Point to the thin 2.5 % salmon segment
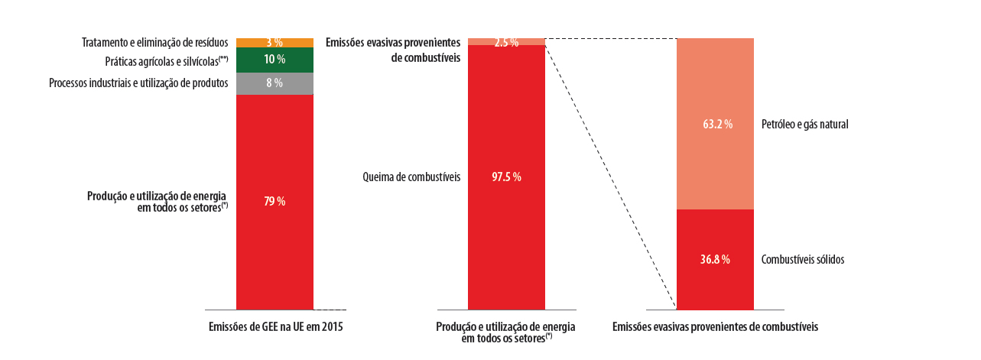tap(528, 41)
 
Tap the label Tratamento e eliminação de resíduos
tap(155, 42)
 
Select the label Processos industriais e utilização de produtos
tap(138, 83)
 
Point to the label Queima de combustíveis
tap(411, 177)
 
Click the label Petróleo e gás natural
tap(805, 124)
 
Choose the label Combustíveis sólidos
tap(803, 260)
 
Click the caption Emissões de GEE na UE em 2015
tap(276, 327)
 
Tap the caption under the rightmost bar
tap(715, 327)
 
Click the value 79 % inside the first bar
tap(274, 202)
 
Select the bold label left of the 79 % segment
tap(158, 202)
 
